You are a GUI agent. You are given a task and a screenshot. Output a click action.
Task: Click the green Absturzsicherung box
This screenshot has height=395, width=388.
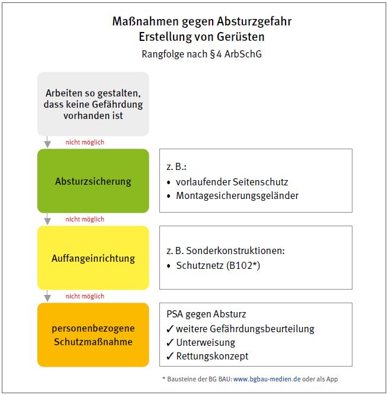[x=93, y=181]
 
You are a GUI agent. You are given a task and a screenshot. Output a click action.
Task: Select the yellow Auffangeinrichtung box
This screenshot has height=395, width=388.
[x=93, y=258]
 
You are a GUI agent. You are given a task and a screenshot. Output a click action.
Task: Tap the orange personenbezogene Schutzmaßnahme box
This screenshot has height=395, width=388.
[x=93, y=335]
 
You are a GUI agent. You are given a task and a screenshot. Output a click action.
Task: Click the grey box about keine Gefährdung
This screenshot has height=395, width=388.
[x=93, y=104]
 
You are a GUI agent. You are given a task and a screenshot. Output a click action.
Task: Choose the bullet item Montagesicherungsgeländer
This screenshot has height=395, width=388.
[x=237, y=195]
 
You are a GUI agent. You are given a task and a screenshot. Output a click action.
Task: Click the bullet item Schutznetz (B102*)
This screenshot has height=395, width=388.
[x=218, y=266]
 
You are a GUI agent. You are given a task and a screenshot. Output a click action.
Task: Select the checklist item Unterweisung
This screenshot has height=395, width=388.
[x=206, y=342]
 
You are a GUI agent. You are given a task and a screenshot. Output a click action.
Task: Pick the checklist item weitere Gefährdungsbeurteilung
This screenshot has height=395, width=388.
[x=245, y=329]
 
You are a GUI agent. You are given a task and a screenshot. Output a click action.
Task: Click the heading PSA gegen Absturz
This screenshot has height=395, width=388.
[x=207, y=314]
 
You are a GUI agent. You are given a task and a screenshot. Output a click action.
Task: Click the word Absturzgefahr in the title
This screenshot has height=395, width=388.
[x=258, y=22]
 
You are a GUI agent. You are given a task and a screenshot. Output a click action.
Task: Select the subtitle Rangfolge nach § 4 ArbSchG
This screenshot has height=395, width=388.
[x=201, y=54]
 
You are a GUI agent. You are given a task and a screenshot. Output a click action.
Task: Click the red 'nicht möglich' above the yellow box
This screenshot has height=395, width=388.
[x=85, y=219]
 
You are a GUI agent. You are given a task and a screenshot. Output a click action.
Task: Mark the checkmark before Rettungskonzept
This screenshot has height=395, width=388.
[x=170, y=356]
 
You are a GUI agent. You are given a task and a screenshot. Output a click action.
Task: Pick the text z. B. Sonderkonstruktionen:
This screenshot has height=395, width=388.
[x=227, y=251]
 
